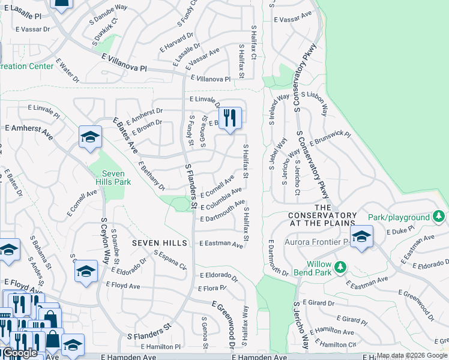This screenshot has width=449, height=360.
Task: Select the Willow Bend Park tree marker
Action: pyautogui.click(x=341, y=266)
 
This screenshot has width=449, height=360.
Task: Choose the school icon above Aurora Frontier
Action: pyautogui.click(x=361, y=236)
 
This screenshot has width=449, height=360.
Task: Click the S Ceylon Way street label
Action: pyautogui.click(x=104, y=240)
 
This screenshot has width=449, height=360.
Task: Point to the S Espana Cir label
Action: pyautogui.click(x=170, y=260)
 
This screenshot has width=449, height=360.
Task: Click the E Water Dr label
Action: pyautogui.click(x=68, y=70)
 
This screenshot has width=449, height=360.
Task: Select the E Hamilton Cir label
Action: pyautogui.click(x=338, y=344)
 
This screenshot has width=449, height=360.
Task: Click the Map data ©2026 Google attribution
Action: pyautogui.click(x=412, y=356)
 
